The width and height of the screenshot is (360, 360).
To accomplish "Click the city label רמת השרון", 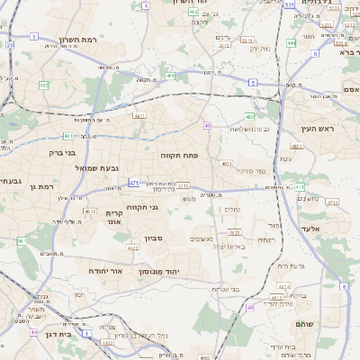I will tap(77, 40).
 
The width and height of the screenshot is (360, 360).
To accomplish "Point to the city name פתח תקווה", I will tap(184, 155).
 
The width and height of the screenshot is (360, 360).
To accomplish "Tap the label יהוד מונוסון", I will tap(160, 271).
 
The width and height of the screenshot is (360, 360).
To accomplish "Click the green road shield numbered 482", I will tap(43, 85).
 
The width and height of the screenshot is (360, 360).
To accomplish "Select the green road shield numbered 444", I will tap(292, 42).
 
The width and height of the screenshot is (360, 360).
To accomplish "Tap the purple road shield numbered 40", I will tap(207, 125).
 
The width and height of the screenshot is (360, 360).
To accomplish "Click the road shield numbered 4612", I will tap(90, 211).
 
